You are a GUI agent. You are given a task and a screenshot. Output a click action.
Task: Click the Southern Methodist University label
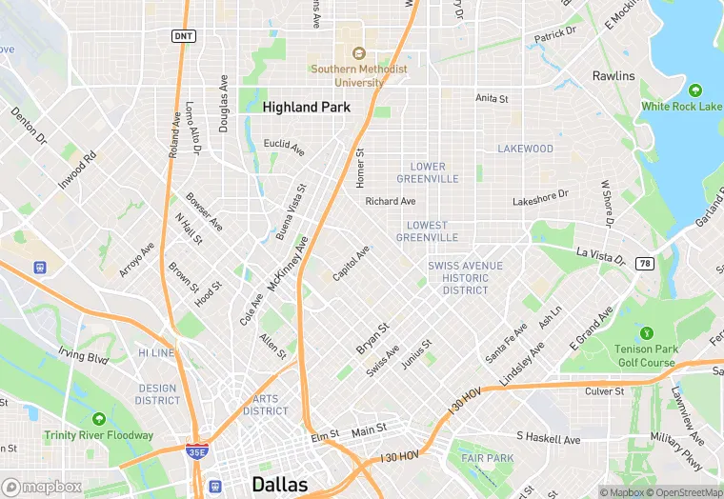click(359, 75)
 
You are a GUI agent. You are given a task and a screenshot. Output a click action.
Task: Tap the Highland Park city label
click(307, 108)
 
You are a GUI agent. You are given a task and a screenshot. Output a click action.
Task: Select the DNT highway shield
click(184, 35)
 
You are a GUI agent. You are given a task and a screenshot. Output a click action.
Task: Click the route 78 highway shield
click(646, 263)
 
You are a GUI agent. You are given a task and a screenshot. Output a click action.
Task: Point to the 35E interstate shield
click(197, 452)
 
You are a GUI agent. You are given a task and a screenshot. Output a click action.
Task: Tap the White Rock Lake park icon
click(694, 90)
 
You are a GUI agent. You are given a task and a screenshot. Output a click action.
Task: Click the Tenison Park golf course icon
click(646, 333)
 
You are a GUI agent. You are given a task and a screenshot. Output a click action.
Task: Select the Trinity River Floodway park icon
click(98, 418)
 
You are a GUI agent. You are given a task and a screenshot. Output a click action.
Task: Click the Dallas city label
click(279, 484)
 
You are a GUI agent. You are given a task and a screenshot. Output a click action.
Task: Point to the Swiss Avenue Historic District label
click(465, 277)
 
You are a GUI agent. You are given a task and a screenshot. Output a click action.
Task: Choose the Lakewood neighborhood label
click(525, 149)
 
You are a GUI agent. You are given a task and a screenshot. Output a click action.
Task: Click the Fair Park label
click(488, 458)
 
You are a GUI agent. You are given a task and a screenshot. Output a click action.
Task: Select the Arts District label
click(266, 405)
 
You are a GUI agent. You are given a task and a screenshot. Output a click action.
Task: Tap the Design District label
click(158, 393)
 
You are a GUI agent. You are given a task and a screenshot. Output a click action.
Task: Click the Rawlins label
click(613, 76)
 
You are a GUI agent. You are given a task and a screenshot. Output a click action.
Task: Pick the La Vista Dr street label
click(601, 256)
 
